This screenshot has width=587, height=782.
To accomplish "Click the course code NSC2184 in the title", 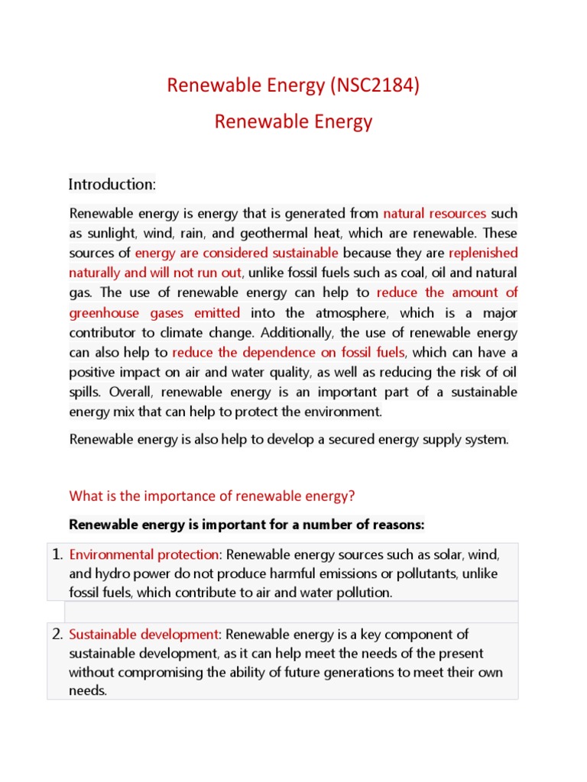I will [x=375, y=86].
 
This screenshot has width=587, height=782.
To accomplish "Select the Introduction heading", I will [x=112, y=184].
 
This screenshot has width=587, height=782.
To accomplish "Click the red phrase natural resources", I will [x=435, y=213].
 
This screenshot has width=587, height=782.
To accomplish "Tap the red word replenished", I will [x=483, y=253].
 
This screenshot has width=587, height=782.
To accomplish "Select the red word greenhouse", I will [x=103, y=312].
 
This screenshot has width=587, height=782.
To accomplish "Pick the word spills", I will [x=86, y=392].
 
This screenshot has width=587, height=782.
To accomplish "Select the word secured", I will [x=355, y=440].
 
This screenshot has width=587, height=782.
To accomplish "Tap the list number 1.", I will [x=57, y=554].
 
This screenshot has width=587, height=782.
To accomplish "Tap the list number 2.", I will [x=57, y=634].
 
